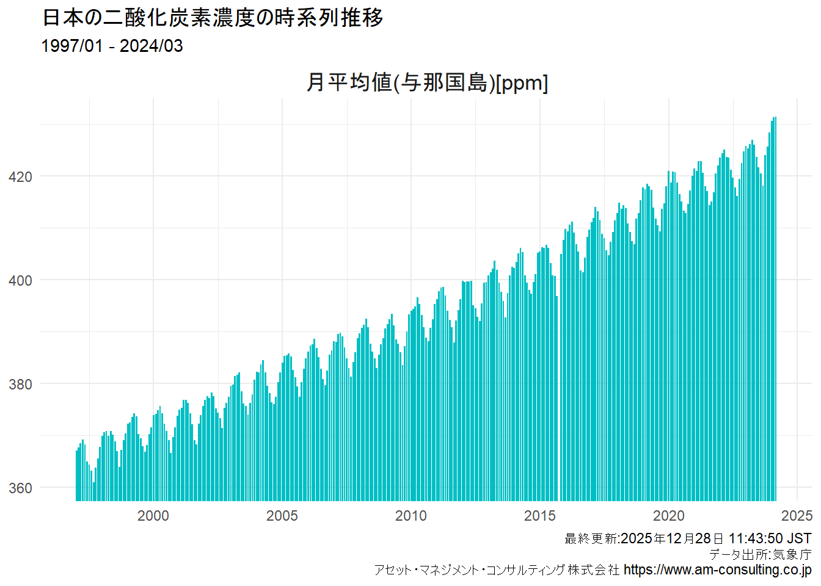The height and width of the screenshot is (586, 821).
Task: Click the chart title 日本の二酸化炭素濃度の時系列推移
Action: tap(213, 18)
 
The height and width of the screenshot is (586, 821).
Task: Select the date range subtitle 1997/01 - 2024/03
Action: tap(112, 46)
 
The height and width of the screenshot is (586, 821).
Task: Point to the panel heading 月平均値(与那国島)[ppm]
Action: tap(427, 82)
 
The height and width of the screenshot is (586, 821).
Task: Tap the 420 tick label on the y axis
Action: tap(20, 177)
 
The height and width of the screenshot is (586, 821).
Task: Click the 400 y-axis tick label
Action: tap(20, 281)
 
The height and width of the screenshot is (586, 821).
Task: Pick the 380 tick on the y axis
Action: tap(20, 385)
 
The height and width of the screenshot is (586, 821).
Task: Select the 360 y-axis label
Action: tap(20, 488)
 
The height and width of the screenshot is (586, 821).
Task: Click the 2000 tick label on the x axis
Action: tap(153, 516)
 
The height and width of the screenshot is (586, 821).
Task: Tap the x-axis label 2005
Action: tap(282, 516)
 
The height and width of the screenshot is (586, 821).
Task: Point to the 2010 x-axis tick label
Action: tap(410, 516)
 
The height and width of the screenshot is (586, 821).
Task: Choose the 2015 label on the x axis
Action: tap(539, 516)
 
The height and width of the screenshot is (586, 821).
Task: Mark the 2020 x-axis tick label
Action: tap(668, 516)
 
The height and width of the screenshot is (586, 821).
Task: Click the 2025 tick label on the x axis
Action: tap(797, 516)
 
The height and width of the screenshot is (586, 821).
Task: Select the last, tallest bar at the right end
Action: tap(775, 305)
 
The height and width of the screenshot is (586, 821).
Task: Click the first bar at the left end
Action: tap(77, 476)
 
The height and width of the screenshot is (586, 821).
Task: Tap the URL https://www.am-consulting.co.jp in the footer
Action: tap(717, 570)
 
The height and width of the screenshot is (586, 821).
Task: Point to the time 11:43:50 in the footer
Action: tap(756, 538)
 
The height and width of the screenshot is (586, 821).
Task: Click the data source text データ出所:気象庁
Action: tap(760, 554)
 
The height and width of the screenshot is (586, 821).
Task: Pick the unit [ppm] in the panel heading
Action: tap(522, 82)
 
